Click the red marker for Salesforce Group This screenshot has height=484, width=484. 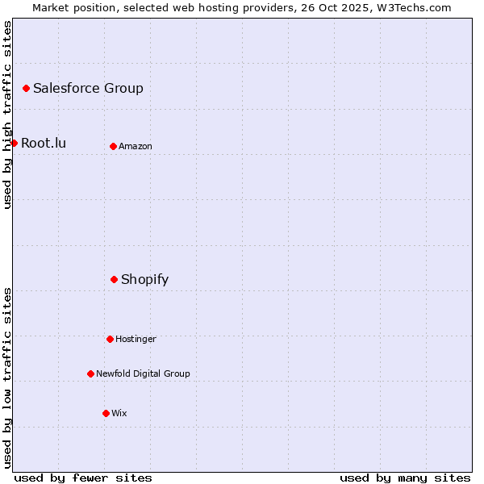[x=26, y=88]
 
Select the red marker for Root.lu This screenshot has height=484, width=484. [x=14, y=143]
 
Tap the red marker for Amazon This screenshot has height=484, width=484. [x=113, y=146]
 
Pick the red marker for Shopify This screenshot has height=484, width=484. [x=114, y=279]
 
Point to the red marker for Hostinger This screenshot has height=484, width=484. [x=110, y=339]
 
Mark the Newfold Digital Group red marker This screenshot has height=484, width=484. [x=90, y=373]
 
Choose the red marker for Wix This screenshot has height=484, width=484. [x=106, y=413]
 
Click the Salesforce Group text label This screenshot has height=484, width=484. [x=88, y=88]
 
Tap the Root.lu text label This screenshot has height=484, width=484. [x=44, y=143]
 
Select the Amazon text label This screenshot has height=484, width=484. [x=136, y=146]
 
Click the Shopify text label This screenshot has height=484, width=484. [x=144, y=279]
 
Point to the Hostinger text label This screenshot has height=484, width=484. [x=136, y=339]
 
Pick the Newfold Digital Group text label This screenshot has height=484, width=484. [x=143, y=373]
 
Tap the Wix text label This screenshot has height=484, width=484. [x=119, y=413]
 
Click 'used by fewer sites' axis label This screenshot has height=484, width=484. [x=83, y=478]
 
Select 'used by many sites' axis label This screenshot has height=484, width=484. [x=405, y=478]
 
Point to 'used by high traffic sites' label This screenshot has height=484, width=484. [x=7, y=115]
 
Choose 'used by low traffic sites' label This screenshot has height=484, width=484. [x=7, y=378]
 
